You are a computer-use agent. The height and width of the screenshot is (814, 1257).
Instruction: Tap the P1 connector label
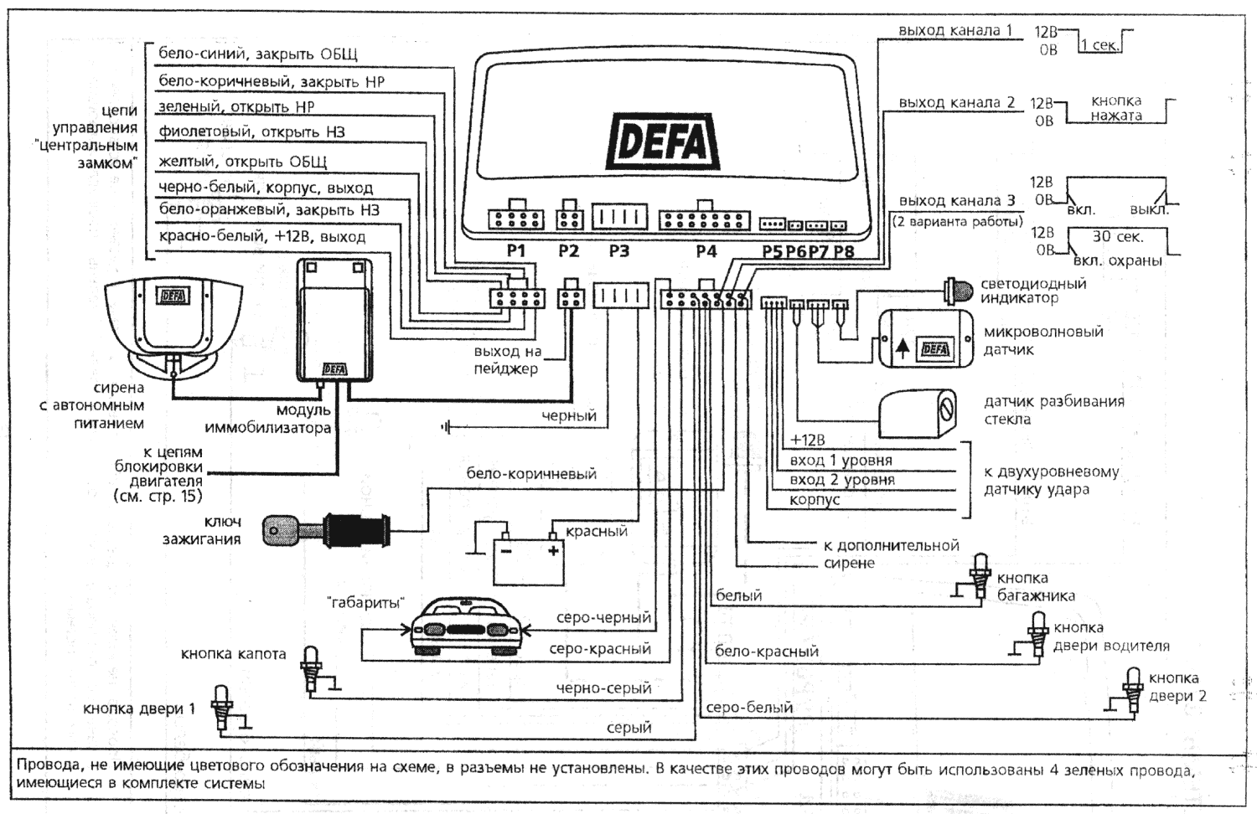515,250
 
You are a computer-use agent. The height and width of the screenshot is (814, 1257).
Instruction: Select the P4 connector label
706,250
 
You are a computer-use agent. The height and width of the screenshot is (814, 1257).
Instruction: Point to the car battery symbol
528,559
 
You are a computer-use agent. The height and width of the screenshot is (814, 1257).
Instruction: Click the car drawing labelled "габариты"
468,626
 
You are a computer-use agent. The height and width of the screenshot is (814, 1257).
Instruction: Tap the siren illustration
173,322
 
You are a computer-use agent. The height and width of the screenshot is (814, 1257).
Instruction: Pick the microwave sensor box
925,338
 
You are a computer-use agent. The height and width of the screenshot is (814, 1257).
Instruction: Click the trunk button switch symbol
980,576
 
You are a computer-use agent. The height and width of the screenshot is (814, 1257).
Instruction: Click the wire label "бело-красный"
767,651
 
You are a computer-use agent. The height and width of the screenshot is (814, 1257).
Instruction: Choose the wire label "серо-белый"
749,708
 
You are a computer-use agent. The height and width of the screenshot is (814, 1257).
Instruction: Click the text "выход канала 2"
956,102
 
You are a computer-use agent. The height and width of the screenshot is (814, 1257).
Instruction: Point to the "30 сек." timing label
1117,237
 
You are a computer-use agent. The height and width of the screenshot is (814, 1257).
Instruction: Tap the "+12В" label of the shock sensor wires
807,440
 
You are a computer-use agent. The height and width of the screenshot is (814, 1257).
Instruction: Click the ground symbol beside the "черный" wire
447,427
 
